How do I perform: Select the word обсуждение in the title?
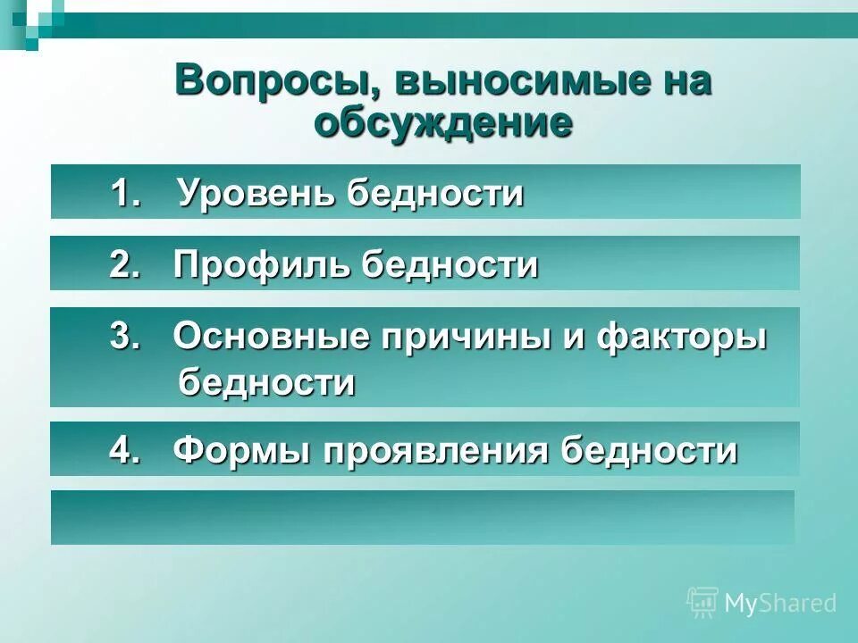[442, 123]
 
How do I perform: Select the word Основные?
[271, 338]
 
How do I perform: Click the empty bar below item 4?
[422, 517]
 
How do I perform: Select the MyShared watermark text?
[780, 604]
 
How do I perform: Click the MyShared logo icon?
[702, 603]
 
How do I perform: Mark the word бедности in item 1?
[434, 193]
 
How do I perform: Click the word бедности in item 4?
[648, 449]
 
